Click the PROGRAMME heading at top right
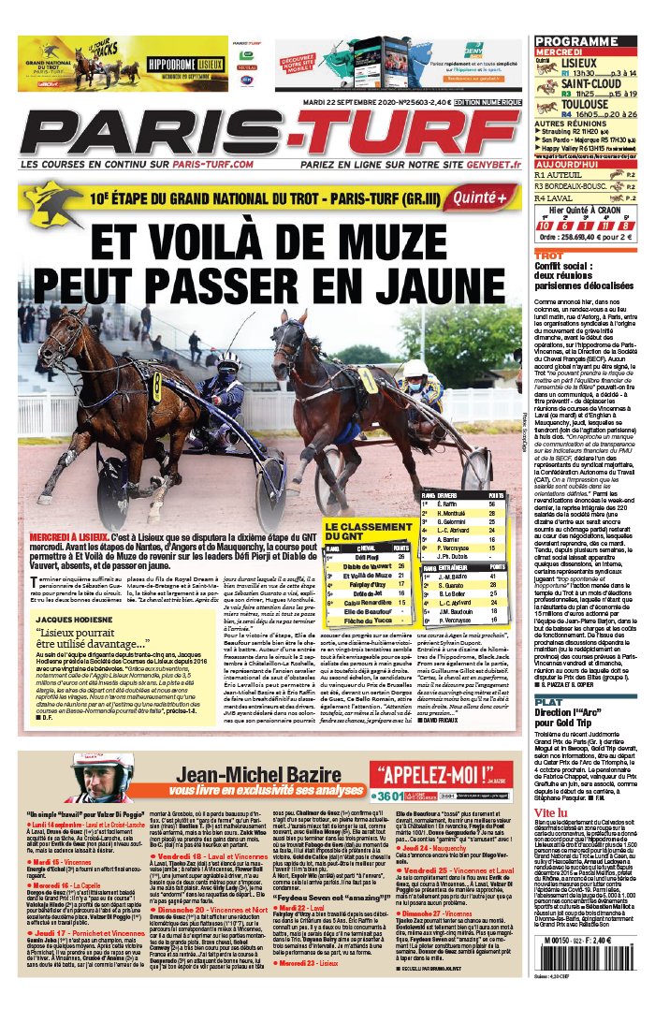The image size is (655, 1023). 577,41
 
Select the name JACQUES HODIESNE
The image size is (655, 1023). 79,592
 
